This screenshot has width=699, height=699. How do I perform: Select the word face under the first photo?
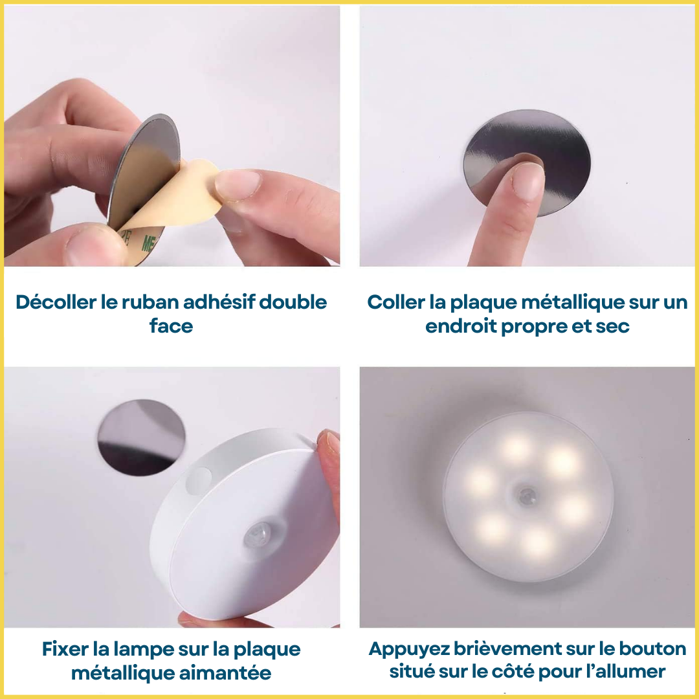(x=172, y=325)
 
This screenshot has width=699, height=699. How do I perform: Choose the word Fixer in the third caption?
(x=65, y=649)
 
